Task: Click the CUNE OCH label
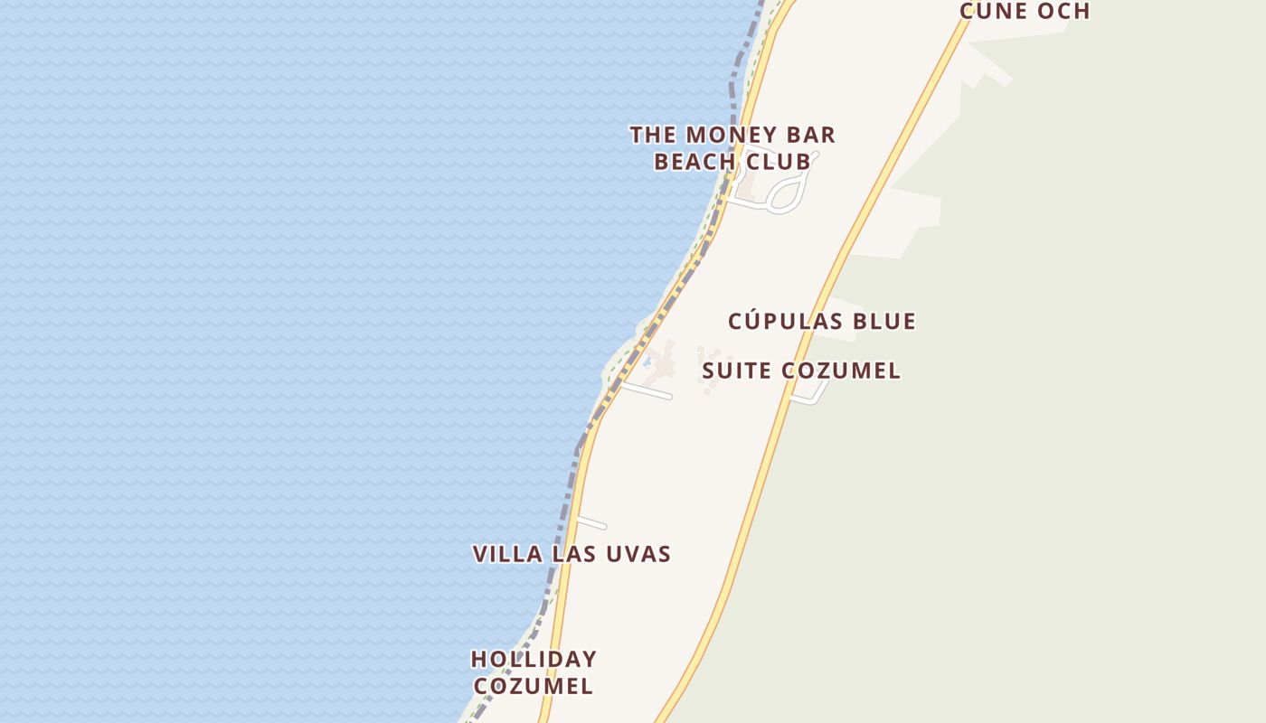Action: click(x=1025, y=11)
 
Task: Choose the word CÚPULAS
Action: click(x=786, y=321)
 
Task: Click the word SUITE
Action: click(x=737, y=371)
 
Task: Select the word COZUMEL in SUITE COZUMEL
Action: click(x=841, y=371)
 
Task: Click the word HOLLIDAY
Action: click(x=534, y=659)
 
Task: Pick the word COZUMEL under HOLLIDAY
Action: click(x=534, y=686)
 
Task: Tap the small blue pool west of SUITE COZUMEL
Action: click(x=647, y=362)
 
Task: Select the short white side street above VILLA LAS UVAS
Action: click(x=591, y=522)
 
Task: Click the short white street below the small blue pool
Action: click(x=647, y=390)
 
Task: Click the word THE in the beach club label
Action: click(x=653, y=136)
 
